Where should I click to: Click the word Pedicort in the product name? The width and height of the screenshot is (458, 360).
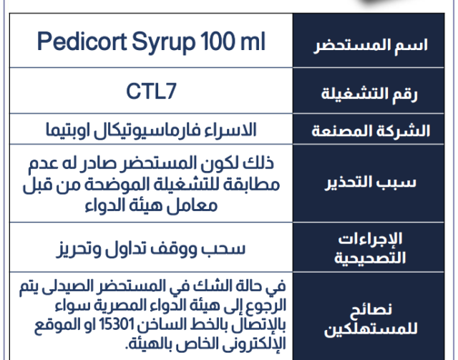click(x=82, y=42)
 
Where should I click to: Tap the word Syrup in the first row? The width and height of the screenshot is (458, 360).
click(x=164, y=43)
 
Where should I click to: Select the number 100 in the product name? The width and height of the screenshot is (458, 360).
click(x=218, y=42)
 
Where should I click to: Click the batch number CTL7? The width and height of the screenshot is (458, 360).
click(x=151, y=91)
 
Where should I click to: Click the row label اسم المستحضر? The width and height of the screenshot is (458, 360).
click(x=371, y=46)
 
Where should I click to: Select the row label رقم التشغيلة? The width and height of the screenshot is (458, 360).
click(x=369, y=94)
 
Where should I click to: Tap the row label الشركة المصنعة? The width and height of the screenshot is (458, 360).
click(x=371, y=131)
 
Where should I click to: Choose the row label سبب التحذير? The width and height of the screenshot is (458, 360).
click(x=370, y=183)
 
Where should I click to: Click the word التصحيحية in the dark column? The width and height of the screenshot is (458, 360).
click(x=370, y=258)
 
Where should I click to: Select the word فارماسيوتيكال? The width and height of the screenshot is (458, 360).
click(x=143, y=130)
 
